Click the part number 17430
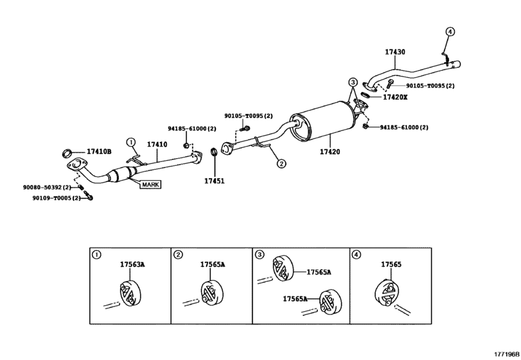(x=395, y=51)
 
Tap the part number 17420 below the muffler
(x=330, y=152)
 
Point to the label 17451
(x=215, y=181)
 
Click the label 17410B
(x=99, y=152)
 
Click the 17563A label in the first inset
(x=132, y=264)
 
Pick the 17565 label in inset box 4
(x=390, y=264)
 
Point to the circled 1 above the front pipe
(x=130, y=142)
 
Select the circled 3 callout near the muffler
(x=353, y=82)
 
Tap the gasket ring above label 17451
(x=213, y=153)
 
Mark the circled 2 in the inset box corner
(x=178, y=255)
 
